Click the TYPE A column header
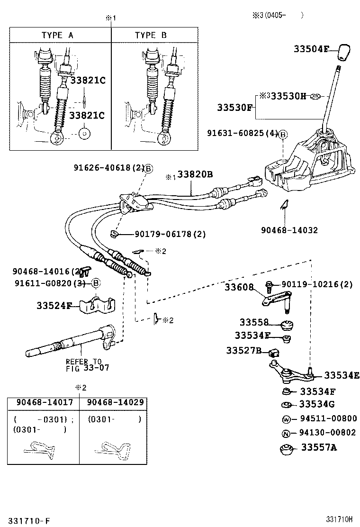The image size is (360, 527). tap(57, 35)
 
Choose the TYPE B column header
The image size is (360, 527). tap(151, 35)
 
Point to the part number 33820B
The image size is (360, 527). tap(195, 174)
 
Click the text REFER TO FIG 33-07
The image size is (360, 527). tap(83, 364)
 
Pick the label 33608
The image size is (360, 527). tap(239, 287)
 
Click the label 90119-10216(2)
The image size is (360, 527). tap(317, 284)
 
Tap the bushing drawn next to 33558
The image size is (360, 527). tap(288, 325)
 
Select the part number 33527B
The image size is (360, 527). tap(243, 350)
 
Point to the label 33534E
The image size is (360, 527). tap(341, 375)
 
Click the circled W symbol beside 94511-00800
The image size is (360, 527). tap(287, 419)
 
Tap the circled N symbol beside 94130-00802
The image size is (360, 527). tap(287, 433)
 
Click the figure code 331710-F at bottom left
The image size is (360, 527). tap(28, 520)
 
